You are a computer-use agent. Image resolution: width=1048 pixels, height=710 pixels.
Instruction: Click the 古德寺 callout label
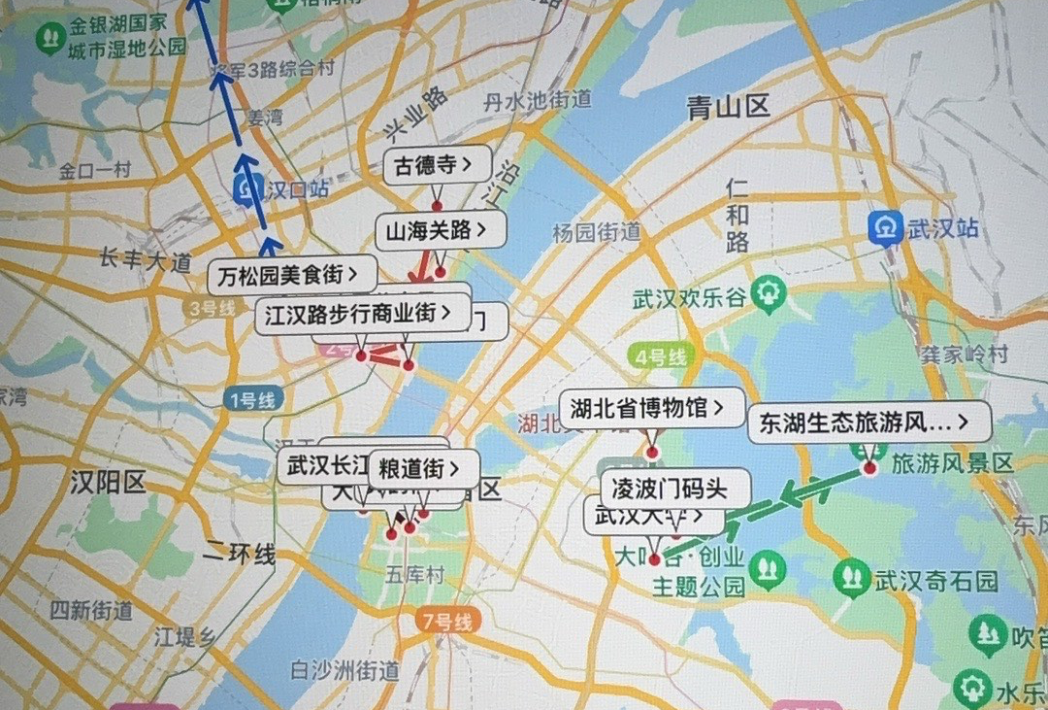[x=437, y=166]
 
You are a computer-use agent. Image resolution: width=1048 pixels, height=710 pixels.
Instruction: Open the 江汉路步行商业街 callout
[x=358, y=313]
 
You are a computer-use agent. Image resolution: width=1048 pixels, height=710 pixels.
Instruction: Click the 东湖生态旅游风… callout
[x=868, y=423]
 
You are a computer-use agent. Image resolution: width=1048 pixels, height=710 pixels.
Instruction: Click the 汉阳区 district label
[x=107, y=482]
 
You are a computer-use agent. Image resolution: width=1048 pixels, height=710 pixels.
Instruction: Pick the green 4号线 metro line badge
[x=662, y=355]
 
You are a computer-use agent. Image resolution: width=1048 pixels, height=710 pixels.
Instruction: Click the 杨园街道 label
[x=596, y=232]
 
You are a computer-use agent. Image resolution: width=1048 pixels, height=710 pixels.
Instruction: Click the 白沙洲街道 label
[x=344, y=669]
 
